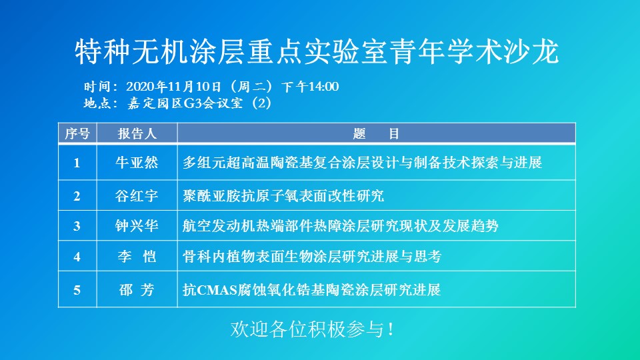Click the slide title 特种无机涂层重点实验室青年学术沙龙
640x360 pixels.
click(317, 52)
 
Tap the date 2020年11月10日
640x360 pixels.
click(174, 87)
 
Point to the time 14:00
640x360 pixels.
click(324, 87)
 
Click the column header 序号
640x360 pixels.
click(77, 133)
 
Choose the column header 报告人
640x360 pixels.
click(137, 133)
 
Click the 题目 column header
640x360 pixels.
click(376, 133)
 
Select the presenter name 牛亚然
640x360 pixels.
click(137, 163)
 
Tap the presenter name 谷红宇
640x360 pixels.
click(137, 196)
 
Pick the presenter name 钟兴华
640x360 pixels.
click(137, 226)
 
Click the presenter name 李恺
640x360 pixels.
click(137, 256)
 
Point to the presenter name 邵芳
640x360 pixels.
click(137, 290)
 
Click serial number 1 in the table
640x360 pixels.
click(77, 163)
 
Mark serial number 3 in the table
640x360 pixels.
click(77, 226)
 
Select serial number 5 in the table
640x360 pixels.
click(77, 290)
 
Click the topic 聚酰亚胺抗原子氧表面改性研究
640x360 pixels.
click(283, 196)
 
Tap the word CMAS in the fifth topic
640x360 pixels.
click(217, 290)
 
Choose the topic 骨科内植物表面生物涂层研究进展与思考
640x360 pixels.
click(312, 256)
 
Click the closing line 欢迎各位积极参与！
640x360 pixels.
click(312, 329)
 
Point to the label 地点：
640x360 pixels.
click(101, 103)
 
